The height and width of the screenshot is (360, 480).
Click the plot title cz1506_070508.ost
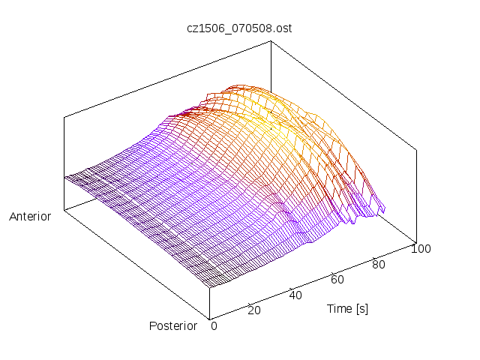tap(239, 28)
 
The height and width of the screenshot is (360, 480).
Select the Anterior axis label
tap(30, 217)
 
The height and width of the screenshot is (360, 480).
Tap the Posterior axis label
tap(173, 325)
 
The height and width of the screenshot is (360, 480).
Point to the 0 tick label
tap(214, 326)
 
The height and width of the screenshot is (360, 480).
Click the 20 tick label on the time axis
tap(253, 310)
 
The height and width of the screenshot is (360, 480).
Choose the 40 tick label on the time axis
tap(295, 295)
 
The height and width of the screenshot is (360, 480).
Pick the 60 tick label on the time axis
tap(337, 279)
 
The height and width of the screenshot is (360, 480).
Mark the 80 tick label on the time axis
tap(379, 264)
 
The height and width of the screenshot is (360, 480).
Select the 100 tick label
tap(421, 249)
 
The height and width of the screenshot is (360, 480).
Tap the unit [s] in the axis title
tap(362, 308)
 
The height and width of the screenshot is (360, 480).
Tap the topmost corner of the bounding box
tap(271, 41)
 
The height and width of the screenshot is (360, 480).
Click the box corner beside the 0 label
tap(209, 318)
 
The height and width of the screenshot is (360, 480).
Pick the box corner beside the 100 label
tap(416, 241)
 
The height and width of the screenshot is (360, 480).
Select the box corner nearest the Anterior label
tap(64, 211)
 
